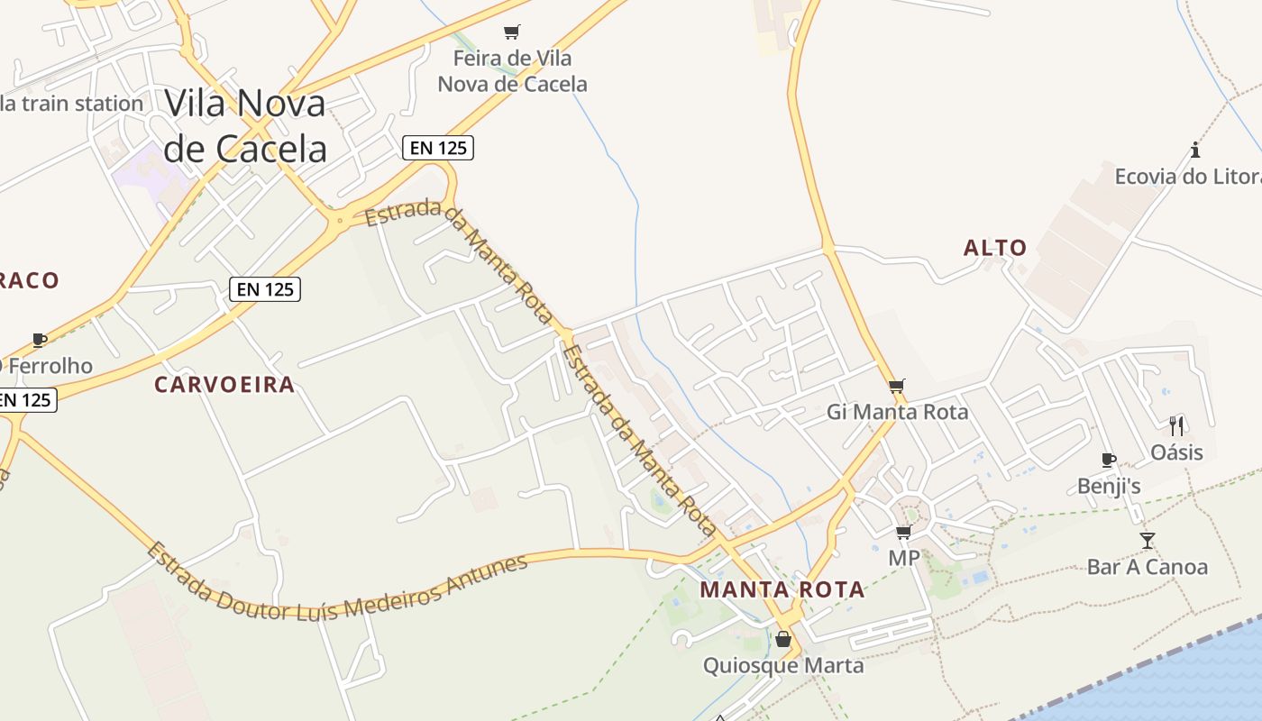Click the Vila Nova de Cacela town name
pyautogui.click(x=245, y=125)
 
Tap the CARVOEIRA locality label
pyautogui.click(x=224, y=385)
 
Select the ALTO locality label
pyautogui.click(x=995, y=248)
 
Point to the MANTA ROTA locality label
pyautogui.click(x=782, y=590)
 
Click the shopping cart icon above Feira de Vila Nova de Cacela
pyautogui.click(x=512, y=32)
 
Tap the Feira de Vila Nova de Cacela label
pyautogui.click(x=512, y=71)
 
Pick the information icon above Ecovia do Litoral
pyautogui.click(x=1195, y=150)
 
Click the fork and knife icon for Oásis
pyautogui.click(x=1176, y=425)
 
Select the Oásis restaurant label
pyautogui.click(x=1176, y=452)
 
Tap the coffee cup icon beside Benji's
pyautogui.click(x=1109, y=461)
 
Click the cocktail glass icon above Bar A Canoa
pyautogui.click(x=1147, y=541)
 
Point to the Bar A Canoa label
pyautogui.click(x=1147, y=567)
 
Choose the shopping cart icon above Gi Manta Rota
pyautogui.click(x=896, y=386)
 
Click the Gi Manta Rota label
pyautogui.click(x=897, y=412)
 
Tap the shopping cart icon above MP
pyautogui.click(x=903, y=532)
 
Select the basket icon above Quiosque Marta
pyautogui.click(x=783, y=639)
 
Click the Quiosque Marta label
pyautogui.click(x=783, y=666)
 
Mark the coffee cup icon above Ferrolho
pyautogui.click(x=39, y=340)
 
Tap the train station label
pyautogui.click(x=72, y=104)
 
